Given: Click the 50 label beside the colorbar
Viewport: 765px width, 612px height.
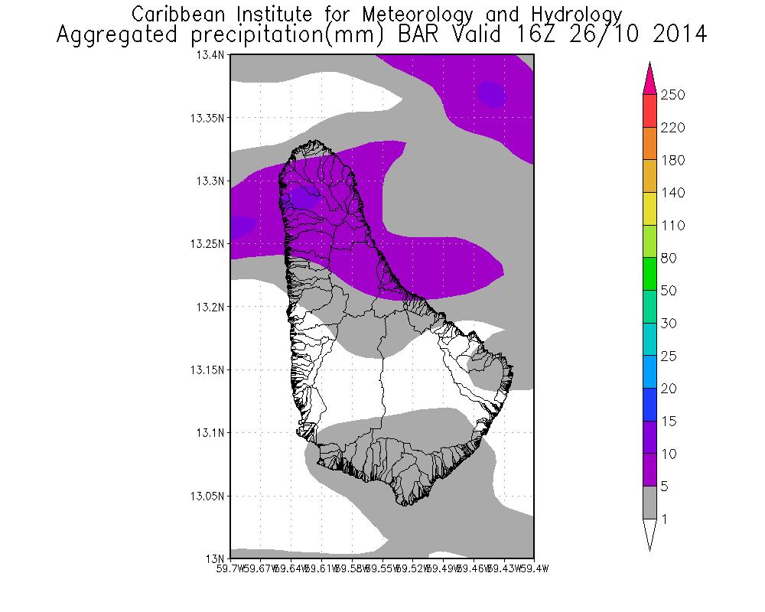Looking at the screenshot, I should click(x=670, y=291).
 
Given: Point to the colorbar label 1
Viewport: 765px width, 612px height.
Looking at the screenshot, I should click(x=666, y=519).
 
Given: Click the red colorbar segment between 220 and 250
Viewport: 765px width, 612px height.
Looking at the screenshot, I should click(x=649, y=111).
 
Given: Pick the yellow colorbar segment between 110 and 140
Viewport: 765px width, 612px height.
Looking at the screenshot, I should click(x=649, y=209).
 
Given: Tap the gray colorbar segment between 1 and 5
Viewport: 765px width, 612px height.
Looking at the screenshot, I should click(x=649, y=503).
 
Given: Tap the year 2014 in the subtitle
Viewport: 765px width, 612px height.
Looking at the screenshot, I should click(x=675, y=35).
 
